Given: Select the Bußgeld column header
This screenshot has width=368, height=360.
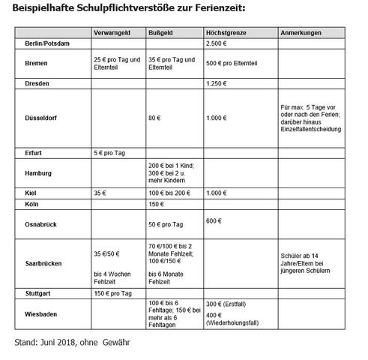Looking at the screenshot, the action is tap(162, 34).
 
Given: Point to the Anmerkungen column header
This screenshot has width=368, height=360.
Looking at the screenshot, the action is tap(301, 34).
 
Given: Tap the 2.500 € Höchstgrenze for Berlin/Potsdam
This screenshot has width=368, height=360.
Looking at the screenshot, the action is tap(218, 45).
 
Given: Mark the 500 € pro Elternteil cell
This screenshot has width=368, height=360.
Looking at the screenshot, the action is tap(234, 63).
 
